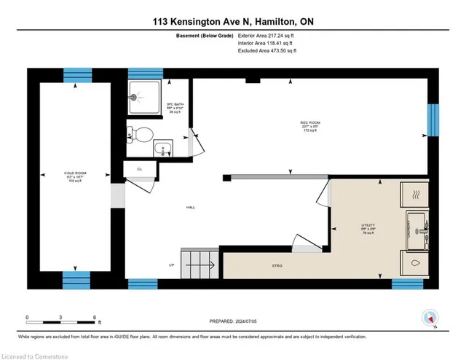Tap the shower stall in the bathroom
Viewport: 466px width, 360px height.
coord(143,96)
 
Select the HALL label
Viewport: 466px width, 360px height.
coord(190,207)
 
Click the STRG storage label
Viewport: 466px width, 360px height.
coord(277,266)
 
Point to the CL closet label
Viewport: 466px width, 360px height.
coord(139,168)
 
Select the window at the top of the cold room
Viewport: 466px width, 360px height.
coord(76,74)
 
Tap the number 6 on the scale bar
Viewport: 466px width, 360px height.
coord(95,318)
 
